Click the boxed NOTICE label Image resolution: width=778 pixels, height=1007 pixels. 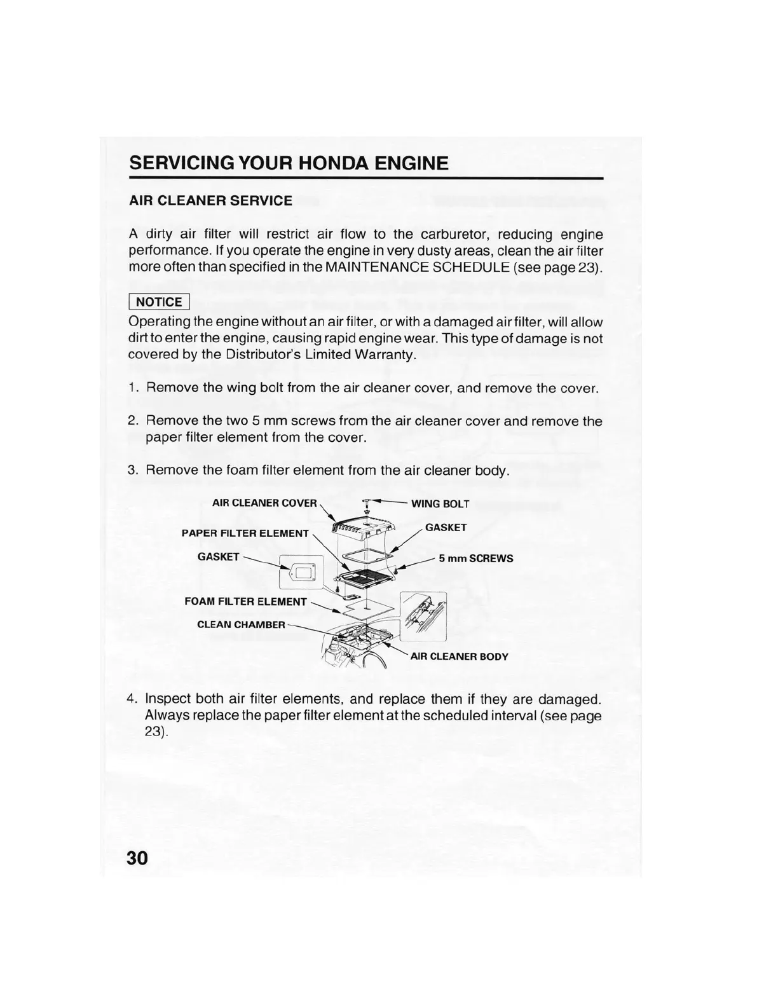tap(159, 302)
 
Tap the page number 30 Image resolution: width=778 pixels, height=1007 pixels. tap(137, 858)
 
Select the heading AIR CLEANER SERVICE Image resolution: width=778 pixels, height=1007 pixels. tap(210, 201)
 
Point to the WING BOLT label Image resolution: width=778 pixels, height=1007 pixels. tap(440, 504)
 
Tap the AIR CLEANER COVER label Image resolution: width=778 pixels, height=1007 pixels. tap(264, 503)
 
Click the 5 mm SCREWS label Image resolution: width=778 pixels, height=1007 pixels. tap(475, 559)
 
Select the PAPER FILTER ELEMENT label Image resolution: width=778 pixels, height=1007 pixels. tap(245, 533)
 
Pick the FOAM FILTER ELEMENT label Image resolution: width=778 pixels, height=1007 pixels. tap(245, 601)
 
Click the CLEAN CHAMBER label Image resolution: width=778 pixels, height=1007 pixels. tap(241, 624)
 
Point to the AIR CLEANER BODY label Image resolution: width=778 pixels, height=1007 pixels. tap(459, 657)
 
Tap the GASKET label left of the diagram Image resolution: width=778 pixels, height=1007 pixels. tap(218, 557)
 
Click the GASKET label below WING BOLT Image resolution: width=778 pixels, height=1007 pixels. tap(446, 528)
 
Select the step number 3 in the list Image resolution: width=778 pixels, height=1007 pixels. tap(132, 470)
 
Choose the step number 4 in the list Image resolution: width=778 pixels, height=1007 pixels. tap(132, 699)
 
